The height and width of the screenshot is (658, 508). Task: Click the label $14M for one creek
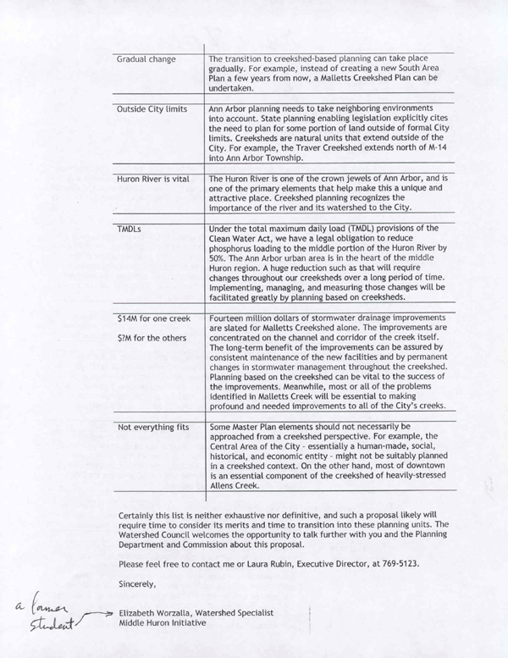coord(152,320)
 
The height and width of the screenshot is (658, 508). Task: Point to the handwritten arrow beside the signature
coord(100,611)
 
